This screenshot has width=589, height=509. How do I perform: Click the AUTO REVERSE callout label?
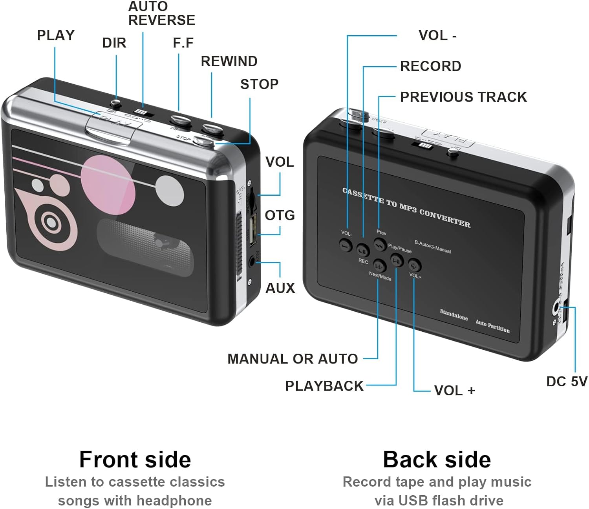pos(161,13)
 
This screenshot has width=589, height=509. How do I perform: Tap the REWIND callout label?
pos(229,61)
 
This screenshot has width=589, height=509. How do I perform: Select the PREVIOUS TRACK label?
pos(463,97)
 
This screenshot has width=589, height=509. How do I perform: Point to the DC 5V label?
pos(567,381)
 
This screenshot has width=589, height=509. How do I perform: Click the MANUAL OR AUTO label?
pos(293,359)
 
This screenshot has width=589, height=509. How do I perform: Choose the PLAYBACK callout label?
pos(324,386)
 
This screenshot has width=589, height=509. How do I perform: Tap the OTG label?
pos(280,215)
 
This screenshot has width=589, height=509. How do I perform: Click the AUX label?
pos(280,288)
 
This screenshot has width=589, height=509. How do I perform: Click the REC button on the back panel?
pos(362,250)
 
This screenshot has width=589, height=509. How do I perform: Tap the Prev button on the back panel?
pos(380,244)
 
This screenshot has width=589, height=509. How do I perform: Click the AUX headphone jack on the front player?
pos(252,260)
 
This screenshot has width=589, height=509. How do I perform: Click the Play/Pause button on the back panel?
pos(397,260)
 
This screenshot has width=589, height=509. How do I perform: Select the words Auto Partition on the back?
pos(492,326)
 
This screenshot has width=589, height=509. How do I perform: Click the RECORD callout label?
pos(430,66)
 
